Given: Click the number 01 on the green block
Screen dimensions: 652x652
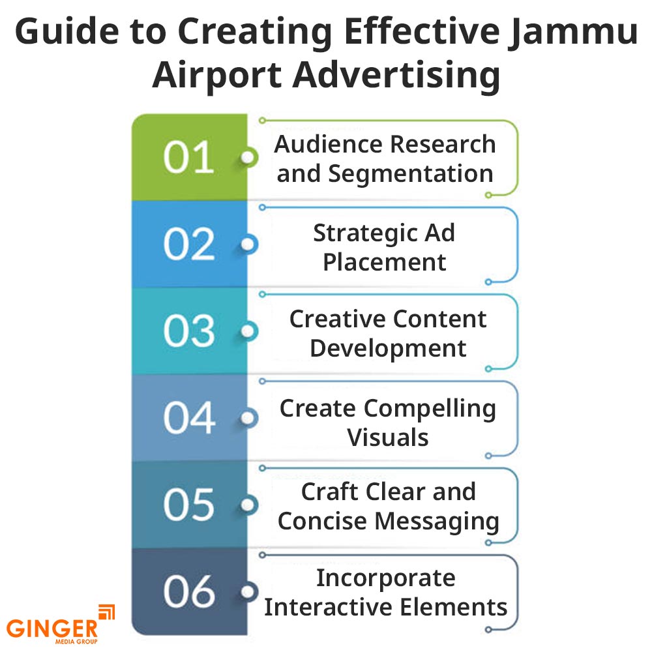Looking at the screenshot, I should tap(188, 157).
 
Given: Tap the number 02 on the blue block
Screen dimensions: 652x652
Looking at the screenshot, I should tap(188, 244).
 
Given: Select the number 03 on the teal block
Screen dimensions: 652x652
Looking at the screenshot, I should tap(188, 331).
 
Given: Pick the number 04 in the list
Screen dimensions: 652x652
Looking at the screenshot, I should tap(188, 418).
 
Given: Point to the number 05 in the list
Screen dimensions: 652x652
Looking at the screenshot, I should tap(188, 505).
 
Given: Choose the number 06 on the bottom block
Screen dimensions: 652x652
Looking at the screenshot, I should tap(188, 591).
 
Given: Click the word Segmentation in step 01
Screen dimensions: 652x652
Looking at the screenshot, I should tap(411, 173).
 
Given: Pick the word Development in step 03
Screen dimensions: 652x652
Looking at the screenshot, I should tap(388, 348).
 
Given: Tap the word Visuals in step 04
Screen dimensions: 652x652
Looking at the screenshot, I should tap(388, 437).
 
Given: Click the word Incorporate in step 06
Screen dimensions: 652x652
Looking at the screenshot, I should tap(386, 578).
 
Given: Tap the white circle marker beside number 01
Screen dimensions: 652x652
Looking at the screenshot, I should tap(248, 158).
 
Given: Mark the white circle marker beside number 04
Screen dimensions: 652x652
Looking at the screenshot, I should tap(248, 418).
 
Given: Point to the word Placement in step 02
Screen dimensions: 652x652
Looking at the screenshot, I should tap(385, 262).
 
